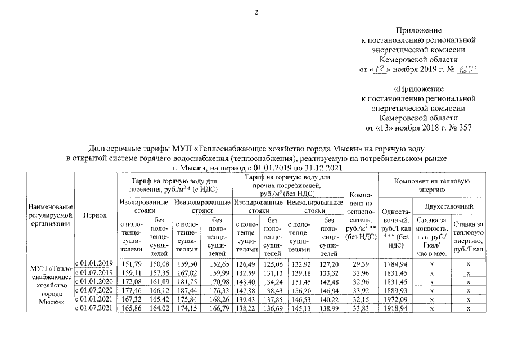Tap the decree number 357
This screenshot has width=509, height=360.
pos(464,127)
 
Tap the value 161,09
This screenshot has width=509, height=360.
pos(159,281)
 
